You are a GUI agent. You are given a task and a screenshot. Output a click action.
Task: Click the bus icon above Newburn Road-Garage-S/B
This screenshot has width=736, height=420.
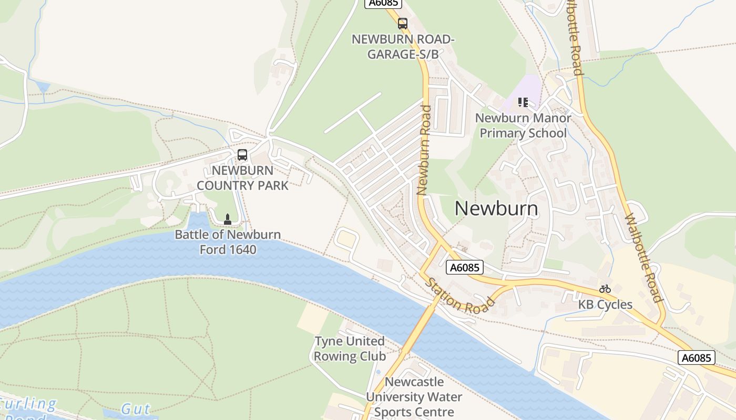[x=402, y=24]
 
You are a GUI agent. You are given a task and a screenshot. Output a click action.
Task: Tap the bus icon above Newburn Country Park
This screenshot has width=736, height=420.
[x=242, y=155]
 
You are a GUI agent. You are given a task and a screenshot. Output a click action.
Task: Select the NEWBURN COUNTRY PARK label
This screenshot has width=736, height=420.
[x=242, y=178]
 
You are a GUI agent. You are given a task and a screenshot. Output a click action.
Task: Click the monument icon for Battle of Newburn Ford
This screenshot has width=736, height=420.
[x=228, y=219]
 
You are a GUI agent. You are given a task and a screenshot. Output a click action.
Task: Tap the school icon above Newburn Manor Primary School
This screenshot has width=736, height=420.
[x=523, y=102]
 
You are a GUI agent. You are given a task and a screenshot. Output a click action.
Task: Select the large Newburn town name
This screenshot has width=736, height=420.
[x=496, y=208]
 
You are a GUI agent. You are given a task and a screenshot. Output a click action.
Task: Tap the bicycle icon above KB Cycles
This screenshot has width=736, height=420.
[x=605, y=289]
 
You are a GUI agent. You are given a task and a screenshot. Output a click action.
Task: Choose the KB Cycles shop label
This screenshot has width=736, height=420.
[x=605, y=304]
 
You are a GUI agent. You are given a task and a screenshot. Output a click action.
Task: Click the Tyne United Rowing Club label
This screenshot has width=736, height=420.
[x=350, y=349]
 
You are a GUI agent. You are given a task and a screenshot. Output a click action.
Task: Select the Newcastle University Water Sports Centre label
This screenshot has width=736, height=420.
[x=414, y=397]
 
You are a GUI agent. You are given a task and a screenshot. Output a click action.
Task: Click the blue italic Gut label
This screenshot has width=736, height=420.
[x=135, y=409]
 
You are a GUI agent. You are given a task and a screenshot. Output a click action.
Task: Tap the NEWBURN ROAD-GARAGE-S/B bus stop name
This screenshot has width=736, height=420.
[x=403, y=47]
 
